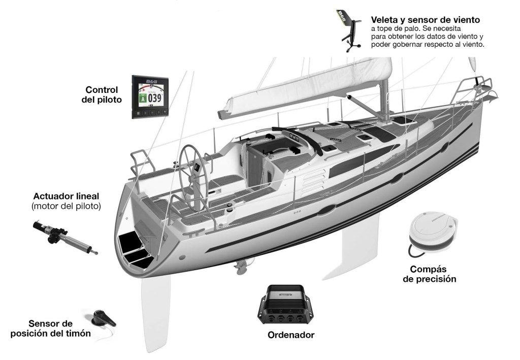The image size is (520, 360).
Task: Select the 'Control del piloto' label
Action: [x=102, y=94]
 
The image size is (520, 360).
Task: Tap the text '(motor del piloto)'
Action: [x=66, y=206]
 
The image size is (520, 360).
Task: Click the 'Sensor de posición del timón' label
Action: [x=50, y=329]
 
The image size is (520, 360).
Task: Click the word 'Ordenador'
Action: [x=291, y=335]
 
